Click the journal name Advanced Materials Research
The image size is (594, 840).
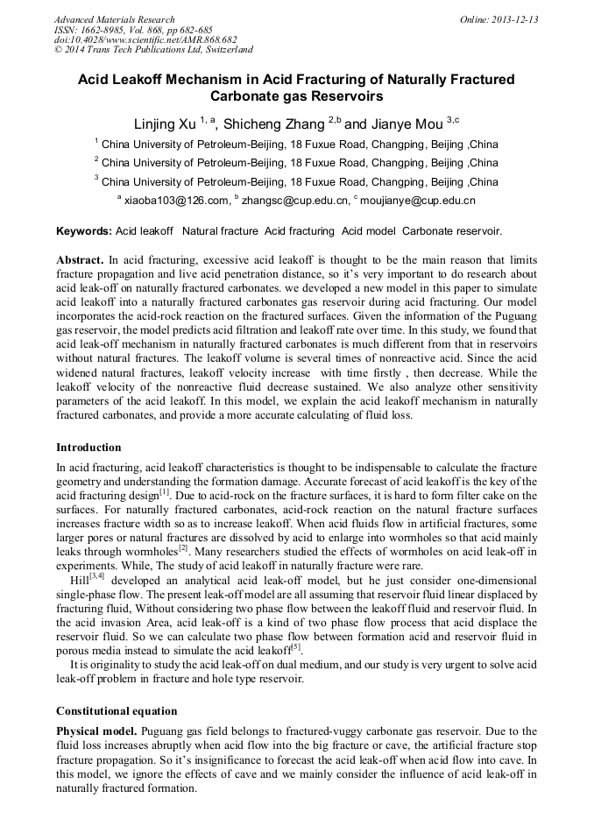pos(114,19)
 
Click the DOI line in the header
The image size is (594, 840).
pos(145,39)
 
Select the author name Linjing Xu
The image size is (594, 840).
pos(164,124)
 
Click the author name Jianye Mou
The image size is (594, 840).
pos(407,124)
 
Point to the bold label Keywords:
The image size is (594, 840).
pos(84,231)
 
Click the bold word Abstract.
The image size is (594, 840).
pos(80,260)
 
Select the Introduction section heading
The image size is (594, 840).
pos(88,448)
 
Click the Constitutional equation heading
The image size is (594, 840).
pos(117,710)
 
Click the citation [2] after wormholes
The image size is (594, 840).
pos(183,548)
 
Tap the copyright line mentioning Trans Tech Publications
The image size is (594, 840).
pos(153,50)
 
